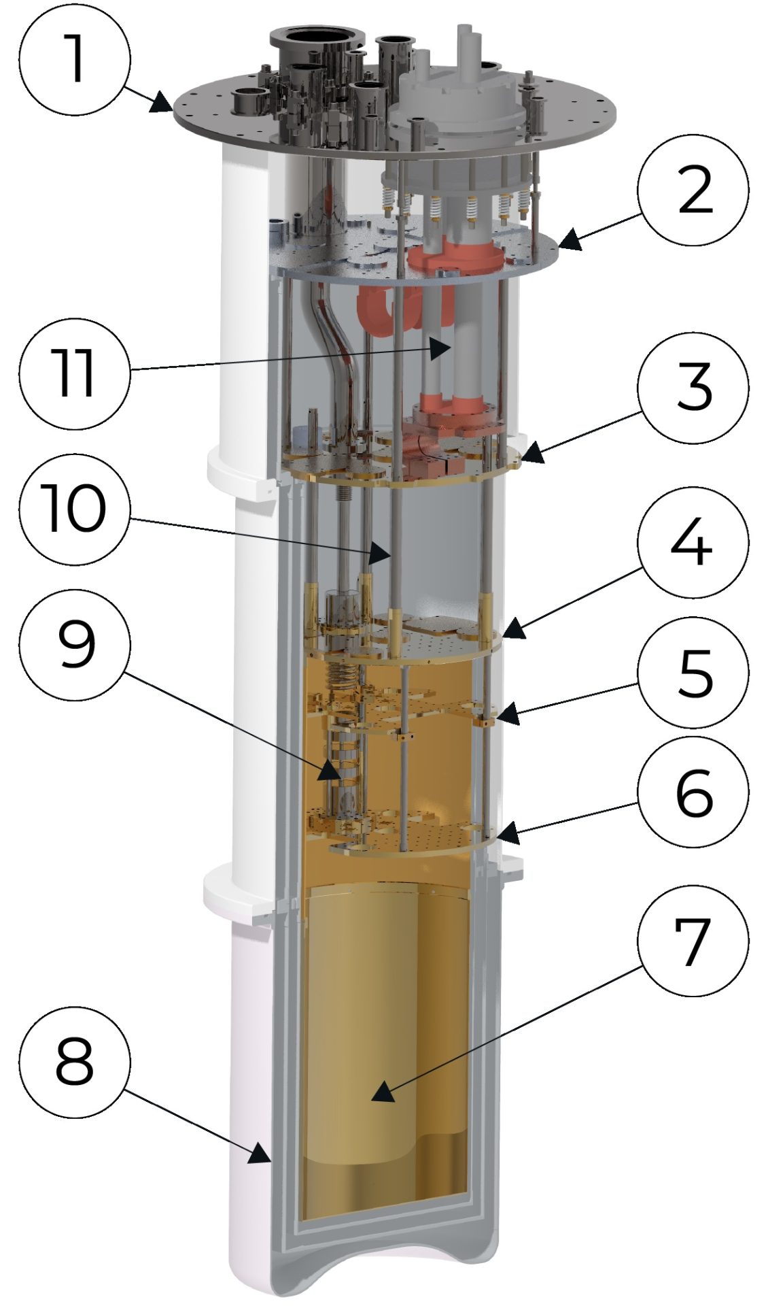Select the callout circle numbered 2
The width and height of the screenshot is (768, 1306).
click(x=693, y=190)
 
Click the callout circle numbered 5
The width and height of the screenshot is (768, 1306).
click(x=693, y=673)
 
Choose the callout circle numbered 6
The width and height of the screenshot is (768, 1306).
click(x=693, y=793)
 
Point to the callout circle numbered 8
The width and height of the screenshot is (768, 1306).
click(x=74, y=1061)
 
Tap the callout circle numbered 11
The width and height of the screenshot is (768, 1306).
click(x=74, y=373)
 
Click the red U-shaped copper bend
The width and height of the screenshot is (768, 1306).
click(x=374, y=309)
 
